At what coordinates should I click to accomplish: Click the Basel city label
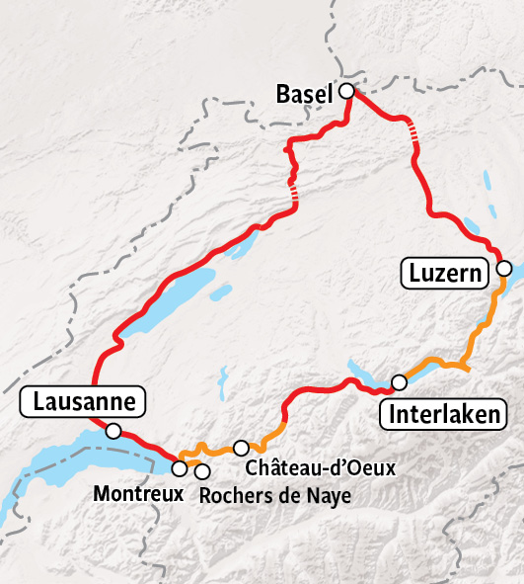305,95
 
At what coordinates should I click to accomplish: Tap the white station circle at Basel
346,91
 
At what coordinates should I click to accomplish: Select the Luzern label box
445,272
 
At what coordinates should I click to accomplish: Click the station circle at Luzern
503,269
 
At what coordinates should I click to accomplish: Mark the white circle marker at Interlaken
400,382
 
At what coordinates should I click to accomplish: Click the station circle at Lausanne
113,431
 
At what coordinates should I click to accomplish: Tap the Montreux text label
138,492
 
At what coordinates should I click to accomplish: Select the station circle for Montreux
180,467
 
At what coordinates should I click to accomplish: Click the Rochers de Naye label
274,495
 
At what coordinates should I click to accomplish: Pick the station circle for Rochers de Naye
202,469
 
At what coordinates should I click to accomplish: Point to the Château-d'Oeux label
321,466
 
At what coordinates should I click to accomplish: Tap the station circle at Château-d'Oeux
241,448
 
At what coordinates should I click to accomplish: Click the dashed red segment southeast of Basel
417,136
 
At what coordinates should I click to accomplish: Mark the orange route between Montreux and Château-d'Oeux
217,452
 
